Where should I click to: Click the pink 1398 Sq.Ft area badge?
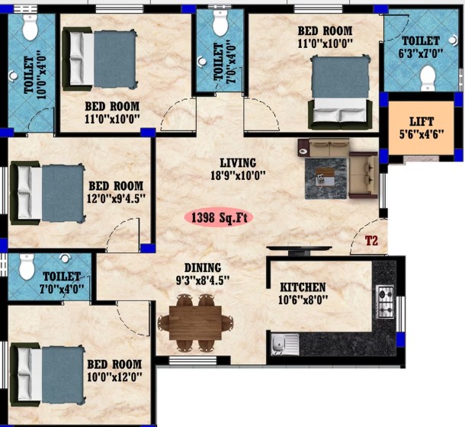219,217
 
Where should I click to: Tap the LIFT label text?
422,122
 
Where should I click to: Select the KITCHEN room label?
303,287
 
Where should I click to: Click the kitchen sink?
284,344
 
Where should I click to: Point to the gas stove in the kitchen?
385,302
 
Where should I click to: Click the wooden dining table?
195,323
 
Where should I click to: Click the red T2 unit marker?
371,241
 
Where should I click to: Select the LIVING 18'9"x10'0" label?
238,169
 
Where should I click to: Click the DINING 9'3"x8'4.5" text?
203,274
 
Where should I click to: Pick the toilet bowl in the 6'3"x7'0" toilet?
428,78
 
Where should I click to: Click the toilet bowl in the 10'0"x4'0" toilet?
30,27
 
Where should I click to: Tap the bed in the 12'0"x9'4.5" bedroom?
47,193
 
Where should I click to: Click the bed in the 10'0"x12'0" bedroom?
47,374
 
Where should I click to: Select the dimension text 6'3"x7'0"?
421,53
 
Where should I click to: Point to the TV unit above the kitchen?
299,249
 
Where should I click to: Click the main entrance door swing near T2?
368,236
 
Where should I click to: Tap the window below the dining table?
193,361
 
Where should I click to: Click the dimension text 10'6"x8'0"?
303,300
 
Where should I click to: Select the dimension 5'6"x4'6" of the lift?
422,134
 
